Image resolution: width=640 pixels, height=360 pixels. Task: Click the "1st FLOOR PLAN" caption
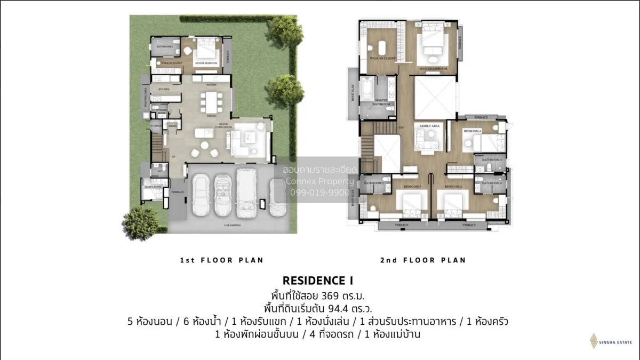pos(222,260)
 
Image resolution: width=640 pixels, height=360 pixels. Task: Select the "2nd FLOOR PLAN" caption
pos(423,260)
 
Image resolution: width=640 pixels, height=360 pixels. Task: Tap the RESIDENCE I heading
pos(318,280)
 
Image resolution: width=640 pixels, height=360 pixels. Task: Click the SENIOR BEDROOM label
pos(205,63)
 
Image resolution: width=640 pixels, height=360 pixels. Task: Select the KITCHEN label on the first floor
pos(164,89)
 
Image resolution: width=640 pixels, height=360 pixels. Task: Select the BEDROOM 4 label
pos(472,131)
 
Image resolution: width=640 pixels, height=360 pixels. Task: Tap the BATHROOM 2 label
pos(374,182)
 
